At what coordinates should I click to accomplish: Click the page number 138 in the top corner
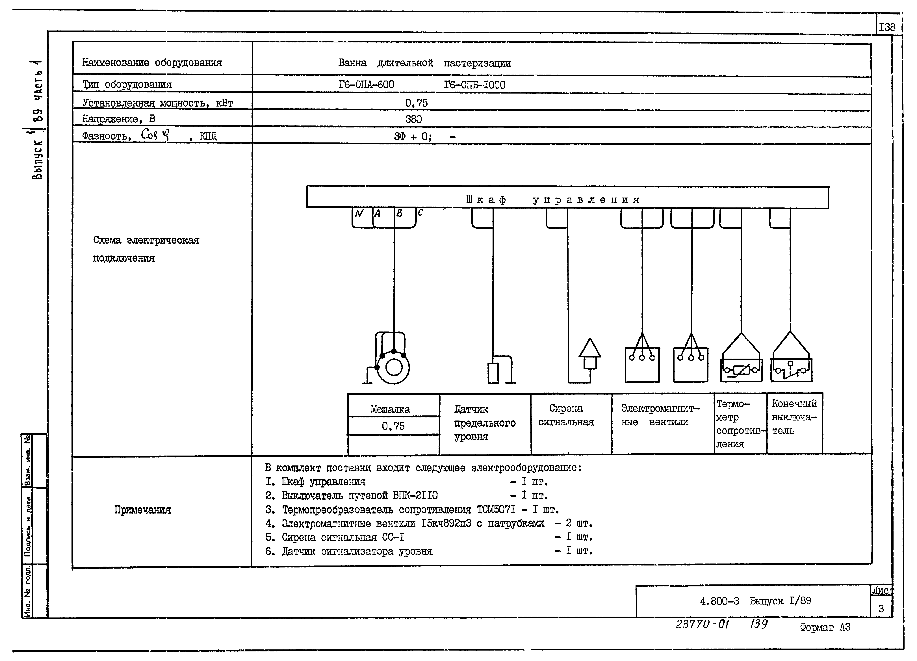click(887, 27)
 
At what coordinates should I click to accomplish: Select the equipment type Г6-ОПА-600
click(366, 84)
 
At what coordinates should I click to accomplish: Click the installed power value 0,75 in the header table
click(416, 103)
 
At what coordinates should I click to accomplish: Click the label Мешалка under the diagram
click(390, 409)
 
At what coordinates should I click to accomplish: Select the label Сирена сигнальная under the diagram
click(566, 415)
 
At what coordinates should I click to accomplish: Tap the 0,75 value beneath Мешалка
click(393, 426)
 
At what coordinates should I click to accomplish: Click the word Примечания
click(142, 510)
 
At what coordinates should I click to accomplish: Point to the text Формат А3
click(825, 627)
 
